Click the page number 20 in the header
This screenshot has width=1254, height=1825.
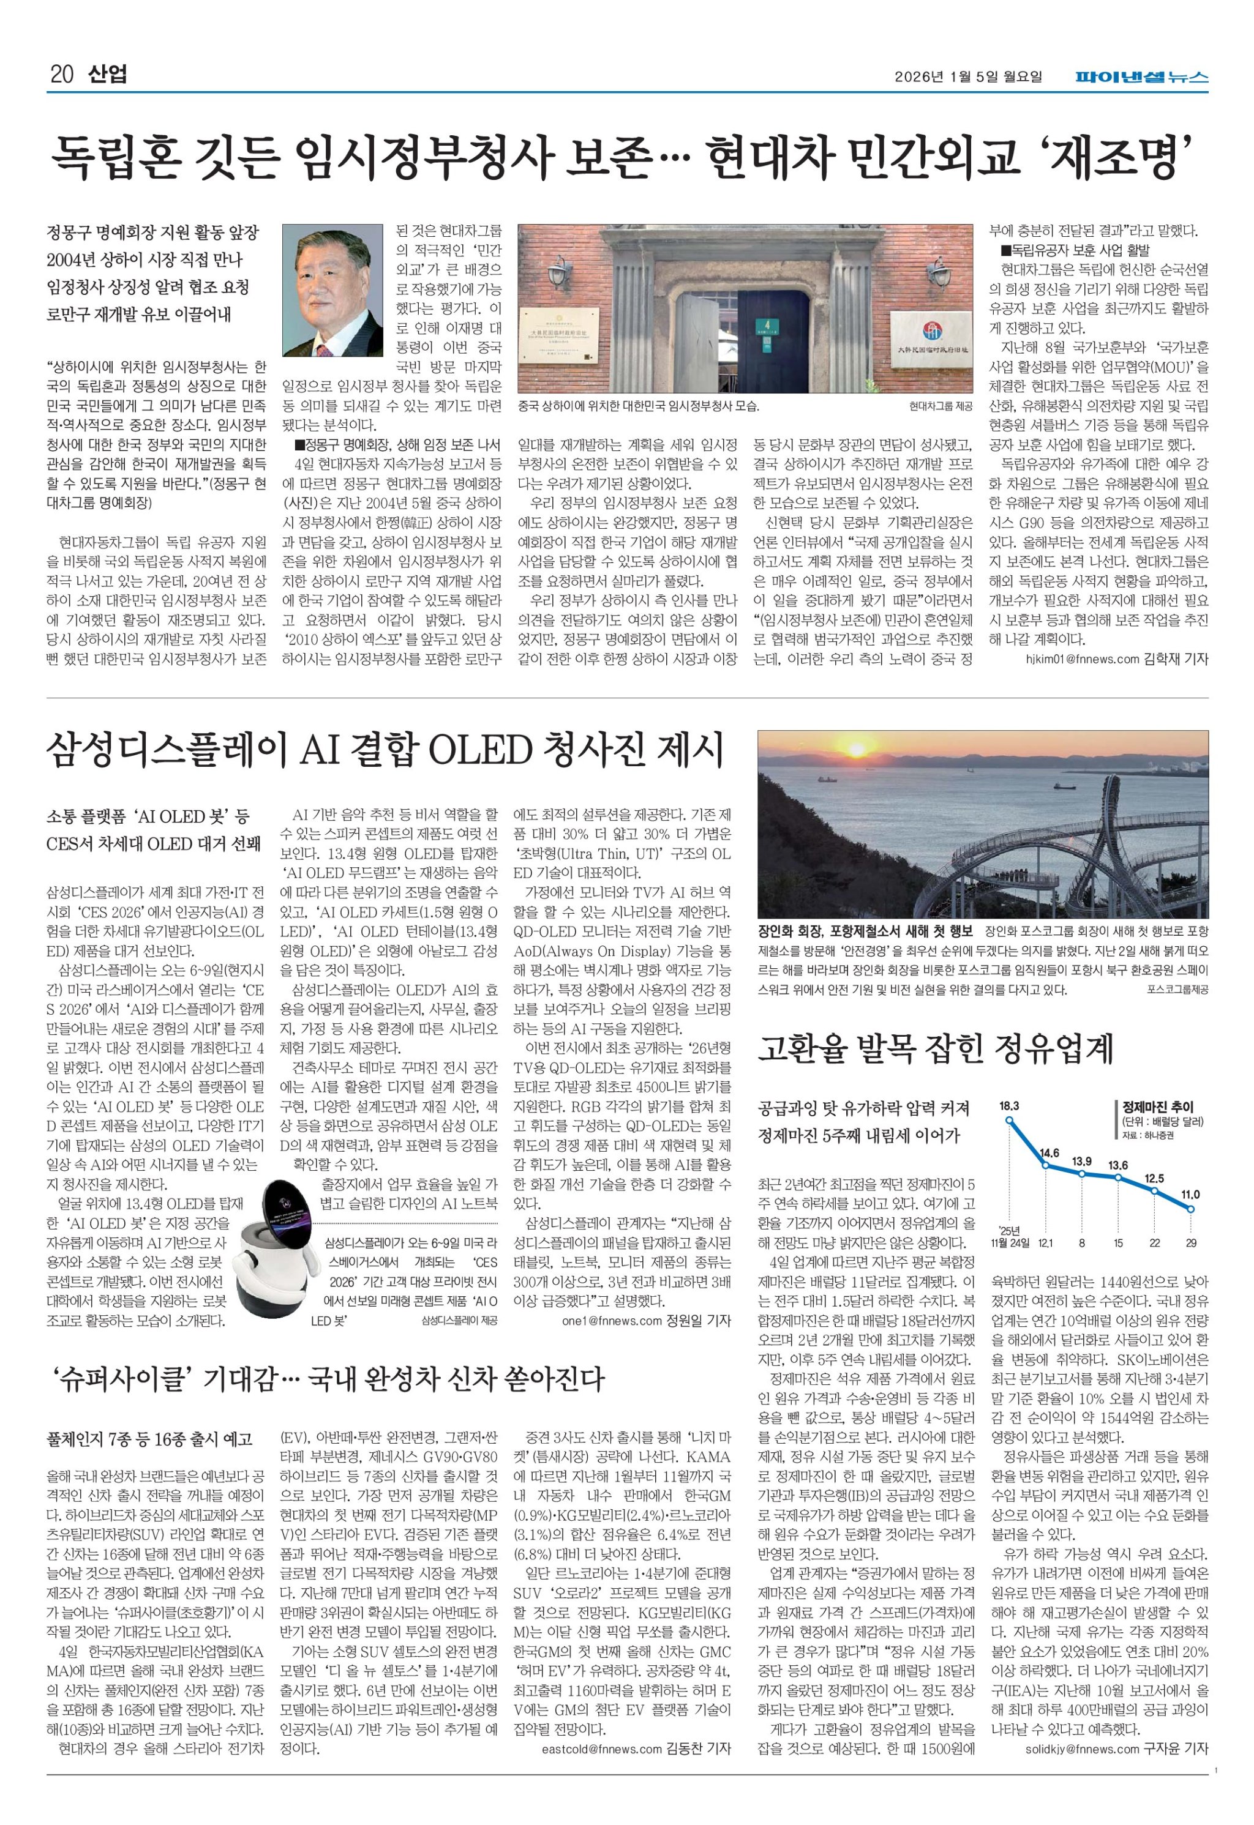(x=61, y=75)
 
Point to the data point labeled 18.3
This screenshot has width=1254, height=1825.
(x=1009, y=1119)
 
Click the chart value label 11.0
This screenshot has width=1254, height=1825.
(x=1190, y=1195)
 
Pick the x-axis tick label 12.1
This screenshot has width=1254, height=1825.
(x=1046, y=1244)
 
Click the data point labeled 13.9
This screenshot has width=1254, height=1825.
(x=1082, y=1174)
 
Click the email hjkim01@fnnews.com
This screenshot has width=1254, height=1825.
(x=1082, y=659)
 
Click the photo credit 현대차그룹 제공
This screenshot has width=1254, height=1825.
(x=940, y=407)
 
